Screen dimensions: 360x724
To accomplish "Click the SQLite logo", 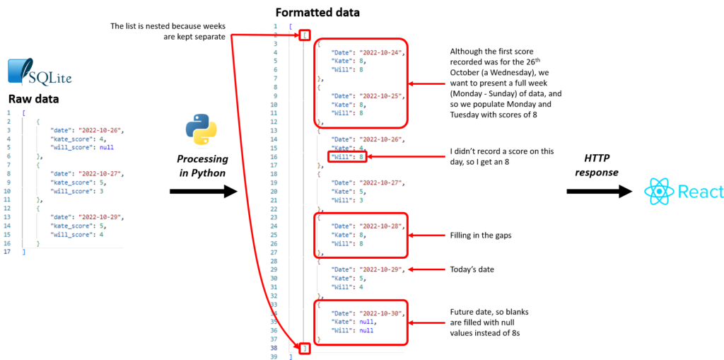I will coord(39,72).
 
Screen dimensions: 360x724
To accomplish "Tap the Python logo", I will coord(202,130).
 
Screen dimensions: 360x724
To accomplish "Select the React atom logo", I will coord(658,192).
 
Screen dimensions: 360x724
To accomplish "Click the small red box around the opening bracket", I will coord(305,35).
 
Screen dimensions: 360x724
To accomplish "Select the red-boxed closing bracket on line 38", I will coord(305,348).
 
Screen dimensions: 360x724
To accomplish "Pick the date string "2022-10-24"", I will coord(381,52).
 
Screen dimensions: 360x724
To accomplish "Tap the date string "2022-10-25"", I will coord(381,95).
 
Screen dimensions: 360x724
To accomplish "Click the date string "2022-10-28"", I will coord(381,226).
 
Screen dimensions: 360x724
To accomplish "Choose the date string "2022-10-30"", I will coord(381,313).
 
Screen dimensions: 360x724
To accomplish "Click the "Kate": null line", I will coord(351,322).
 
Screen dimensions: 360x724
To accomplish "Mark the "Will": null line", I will coord(351,330).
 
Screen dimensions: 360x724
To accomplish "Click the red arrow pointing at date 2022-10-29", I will coord(428,269).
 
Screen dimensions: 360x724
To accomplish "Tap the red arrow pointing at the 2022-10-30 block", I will coord(428,323).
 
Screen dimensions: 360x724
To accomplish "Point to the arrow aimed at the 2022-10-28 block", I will coord(428,235).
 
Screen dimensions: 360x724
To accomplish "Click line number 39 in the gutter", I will coord(275,356).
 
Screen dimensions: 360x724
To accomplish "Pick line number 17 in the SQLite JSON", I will coord(7,252).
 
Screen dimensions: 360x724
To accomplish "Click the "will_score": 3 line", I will coord(78,190).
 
